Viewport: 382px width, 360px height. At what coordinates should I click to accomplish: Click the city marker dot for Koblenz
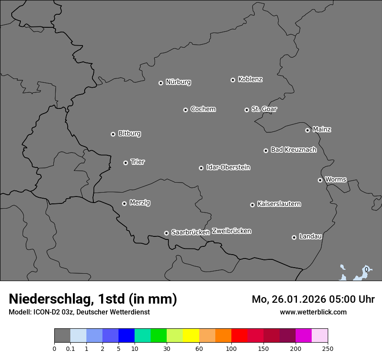(233, 80)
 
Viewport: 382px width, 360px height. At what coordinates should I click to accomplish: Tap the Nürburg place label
(178, 82)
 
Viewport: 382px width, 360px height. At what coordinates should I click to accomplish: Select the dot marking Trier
(125, 163)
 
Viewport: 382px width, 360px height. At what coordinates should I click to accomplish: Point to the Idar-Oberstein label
(228, 167)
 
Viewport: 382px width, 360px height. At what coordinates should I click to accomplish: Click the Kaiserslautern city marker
(252, 205)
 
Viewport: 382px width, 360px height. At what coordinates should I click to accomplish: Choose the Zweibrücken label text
(231, 231)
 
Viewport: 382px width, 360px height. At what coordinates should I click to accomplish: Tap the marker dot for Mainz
(307, 130)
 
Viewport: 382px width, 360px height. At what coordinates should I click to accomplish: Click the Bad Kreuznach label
(293, 150)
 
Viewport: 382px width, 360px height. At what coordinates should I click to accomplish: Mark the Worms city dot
(320, 180)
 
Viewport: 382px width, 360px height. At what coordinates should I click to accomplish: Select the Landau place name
(310, 236)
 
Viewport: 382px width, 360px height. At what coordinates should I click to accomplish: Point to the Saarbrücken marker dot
(166, 233)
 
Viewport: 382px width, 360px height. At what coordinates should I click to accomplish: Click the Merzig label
(140, 203)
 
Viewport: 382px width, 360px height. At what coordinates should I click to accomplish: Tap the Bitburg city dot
(113, 134)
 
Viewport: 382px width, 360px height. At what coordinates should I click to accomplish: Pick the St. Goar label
(264, 109)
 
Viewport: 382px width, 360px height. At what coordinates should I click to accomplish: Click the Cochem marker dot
(185, 110)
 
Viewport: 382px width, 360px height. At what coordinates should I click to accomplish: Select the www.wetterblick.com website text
(313, 312)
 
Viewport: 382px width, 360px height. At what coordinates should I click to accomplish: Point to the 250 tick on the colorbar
(328, 349)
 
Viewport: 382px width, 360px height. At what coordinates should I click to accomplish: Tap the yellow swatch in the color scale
(191, 336)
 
